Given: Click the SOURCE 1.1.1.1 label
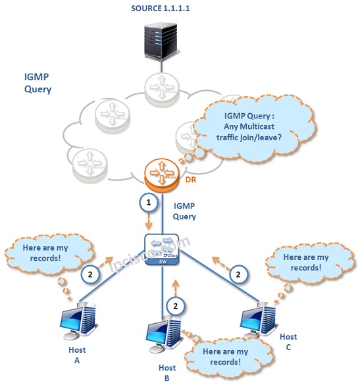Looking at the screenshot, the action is coord(161,9).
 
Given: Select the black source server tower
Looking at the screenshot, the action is coord(161,41).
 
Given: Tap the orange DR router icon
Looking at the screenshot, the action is coord(161,175).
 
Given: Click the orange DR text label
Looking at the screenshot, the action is coord(191,180).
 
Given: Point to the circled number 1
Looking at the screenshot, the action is coord(148,203).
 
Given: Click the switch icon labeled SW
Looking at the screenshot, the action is coord(162,249).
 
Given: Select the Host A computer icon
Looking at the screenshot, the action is coord(78,321).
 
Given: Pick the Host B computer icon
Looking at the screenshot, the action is coord(165,334).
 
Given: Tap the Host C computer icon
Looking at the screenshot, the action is coord(259,319).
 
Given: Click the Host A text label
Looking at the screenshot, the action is coord(77,355).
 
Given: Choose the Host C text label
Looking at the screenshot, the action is coord(288,342).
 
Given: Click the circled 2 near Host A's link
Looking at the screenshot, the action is coord(90,274).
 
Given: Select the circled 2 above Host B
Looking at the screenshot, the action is coord(175,306).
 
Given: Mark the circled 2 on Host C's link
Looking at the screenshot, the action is coord(238,274).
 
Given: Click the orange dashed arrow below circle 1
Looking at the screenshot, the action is coord(149,221).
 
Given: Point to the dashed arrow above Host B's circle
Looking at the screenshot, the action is coord(175,288).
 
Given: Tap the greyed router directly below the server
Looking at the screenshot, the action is coord(161,87).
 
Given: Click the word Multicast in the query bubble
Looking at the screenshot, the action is coord(257,126).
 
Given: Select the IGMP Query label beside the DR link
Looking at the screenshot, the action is coord(184,211).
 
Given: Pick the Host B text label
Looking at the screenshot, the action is coord(167,372).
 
